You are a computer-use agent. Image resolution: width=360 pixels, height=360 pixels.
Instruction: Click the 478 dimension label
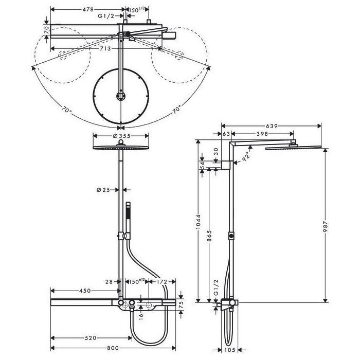pos(88,9)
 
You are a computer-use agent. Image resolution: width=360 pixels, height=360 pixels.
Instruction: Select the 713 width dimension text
pos(105,49)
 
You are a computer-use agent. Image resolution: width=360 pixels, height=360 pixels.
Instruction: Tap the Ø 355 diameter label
pos(122,136)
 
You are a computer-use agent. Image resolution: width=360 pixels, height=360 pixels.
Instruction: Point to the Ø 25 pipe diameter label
pos(103,190)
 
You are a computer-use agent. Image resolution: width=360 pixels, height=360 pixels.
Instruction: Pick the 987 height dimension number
pos(326,227)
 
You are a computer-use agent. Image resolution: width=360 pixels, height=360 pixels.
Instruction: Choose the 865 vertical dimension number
pos(209,236)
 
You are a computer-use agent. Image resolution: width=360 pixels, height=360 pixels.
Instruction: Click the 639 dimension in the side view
pos(272,126)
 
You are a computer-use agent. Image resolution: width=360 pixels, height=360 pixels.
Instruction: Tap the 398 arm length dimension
pos(262,134)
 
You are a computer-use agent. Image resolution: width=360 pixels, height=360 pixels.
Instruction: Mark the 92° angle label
pos(246,156)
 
